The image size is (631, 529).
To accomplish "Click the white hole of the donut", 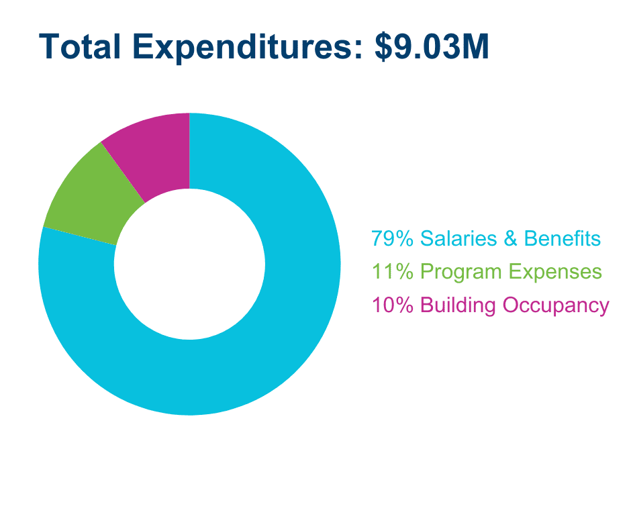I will [x=189, y=264].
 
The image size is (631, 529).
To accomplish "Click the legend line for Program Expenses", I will [x=487, y=272].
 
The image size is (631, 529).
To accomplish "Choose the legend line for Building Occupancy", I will [x=490, y=305].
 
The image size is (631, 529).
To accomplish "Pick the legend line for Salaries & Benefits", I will [x=486, y=238].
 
